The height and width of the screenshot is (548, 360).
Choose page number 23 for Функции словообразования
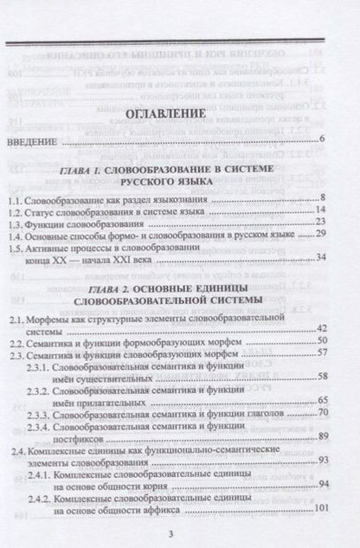(318, 223)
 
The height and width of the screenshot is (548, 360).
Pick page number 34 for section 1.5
(318, 257)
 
